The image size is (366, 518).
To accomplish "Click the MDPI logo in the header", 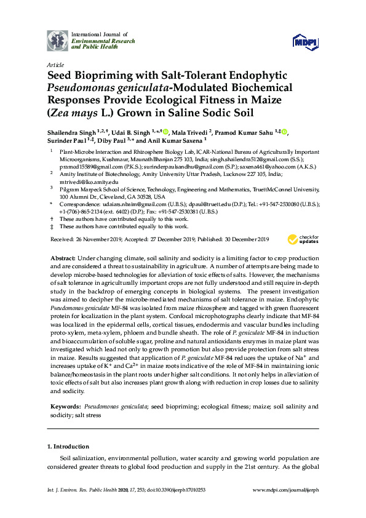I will click(306, 41).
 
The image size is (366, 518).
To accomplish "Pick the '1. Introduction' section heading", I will click(68, 446).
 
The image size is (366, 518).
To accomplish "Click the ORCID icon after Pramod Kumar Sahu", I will click(285, 132).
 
